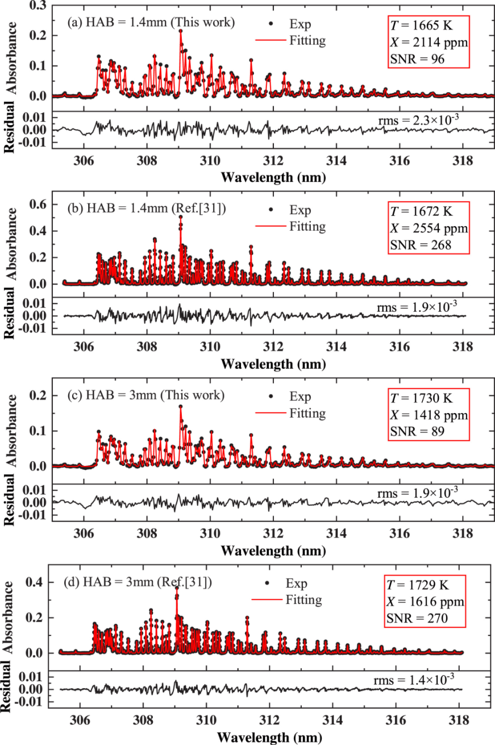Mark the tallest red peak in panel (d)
point(177,591)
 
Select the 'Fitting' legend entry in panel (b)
point(307,226)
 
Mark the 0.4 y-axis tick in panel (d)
point(35,584)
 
